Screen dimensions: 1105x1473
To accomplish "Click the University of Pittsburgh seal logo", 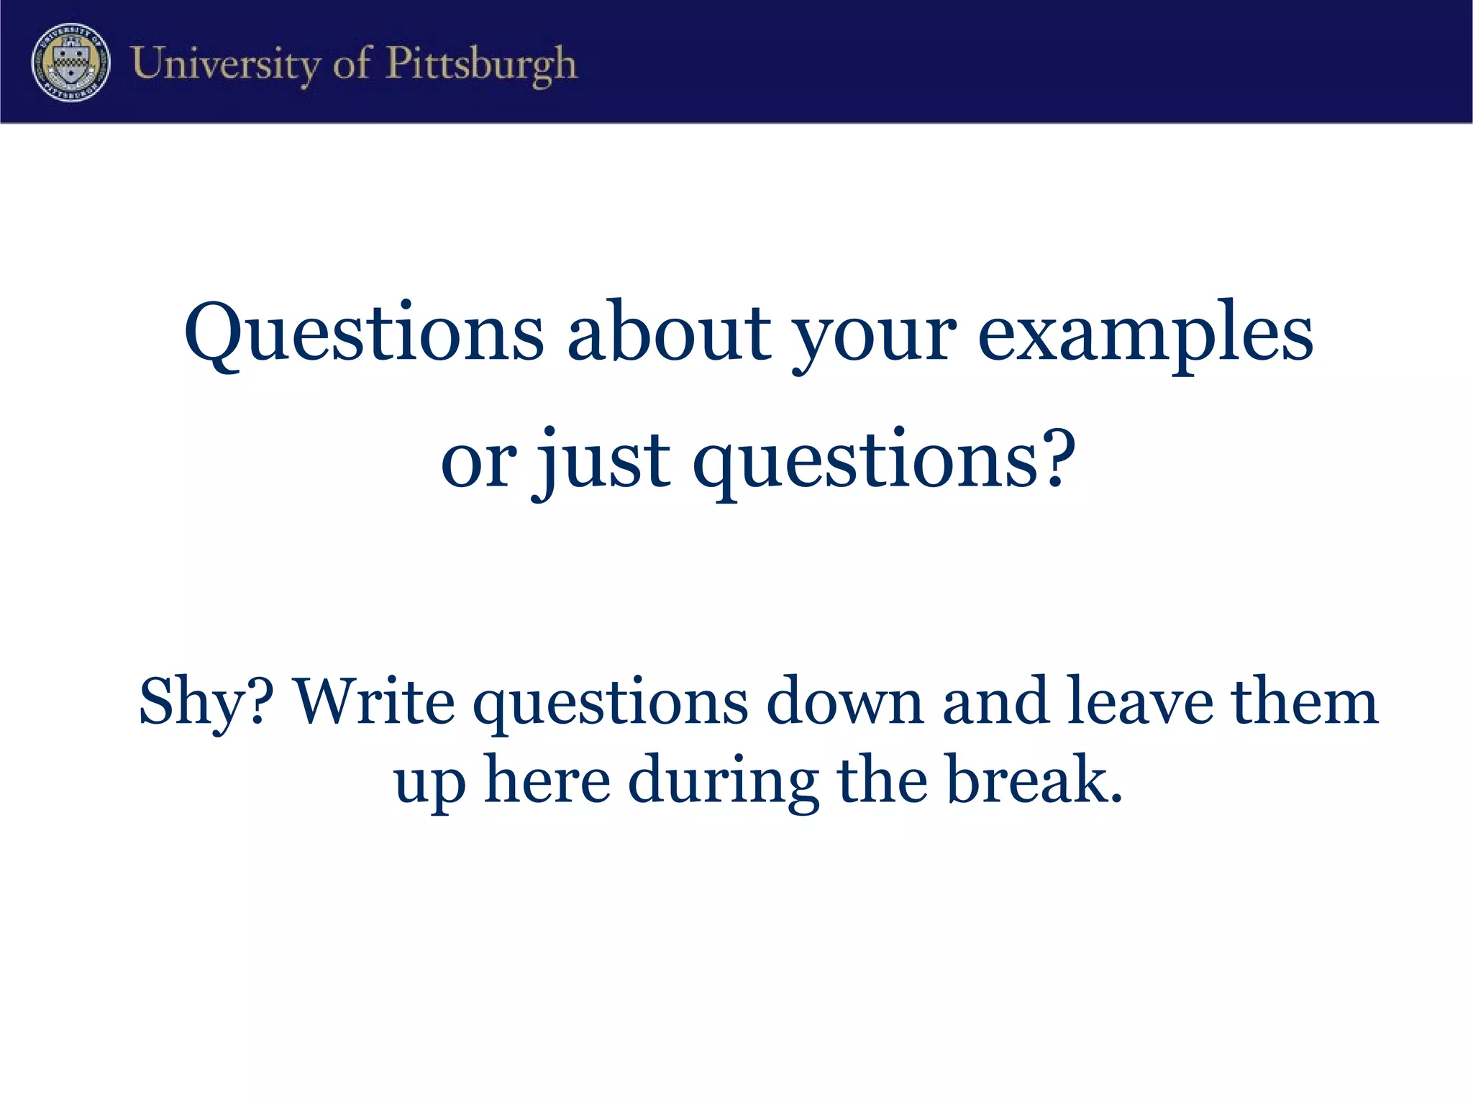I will tap(70, 63).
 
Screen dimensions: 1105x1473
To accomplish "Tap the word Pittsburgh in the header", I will tap(481, 64).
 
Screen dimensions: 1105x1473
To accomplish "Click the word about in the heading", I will tap(669, 332).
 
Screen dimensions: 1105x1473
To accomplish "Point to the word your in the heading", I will tap(874, 338).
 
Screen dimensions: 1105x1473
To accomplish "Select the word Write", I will tap(375, 701).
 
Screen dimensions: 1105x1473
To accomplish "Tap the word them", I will tap(1305, 701).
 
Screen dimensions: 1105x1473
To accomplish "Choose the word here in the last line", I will tap(547, 780).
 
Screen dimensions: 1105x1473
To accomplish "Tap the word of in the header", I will tap(352, 64).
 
